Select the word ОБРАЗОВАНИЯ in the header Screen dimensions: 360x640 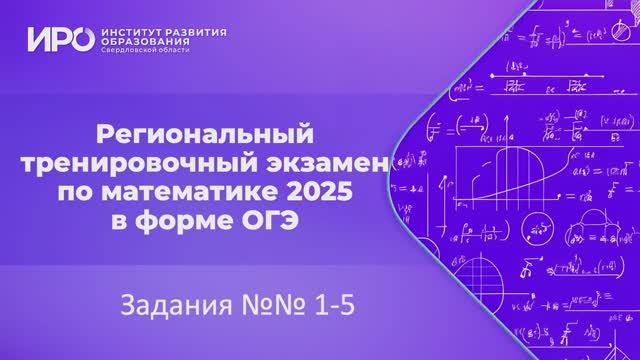(145, 44)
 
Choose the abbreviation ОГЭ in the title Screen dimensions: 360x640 (272, 215)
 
